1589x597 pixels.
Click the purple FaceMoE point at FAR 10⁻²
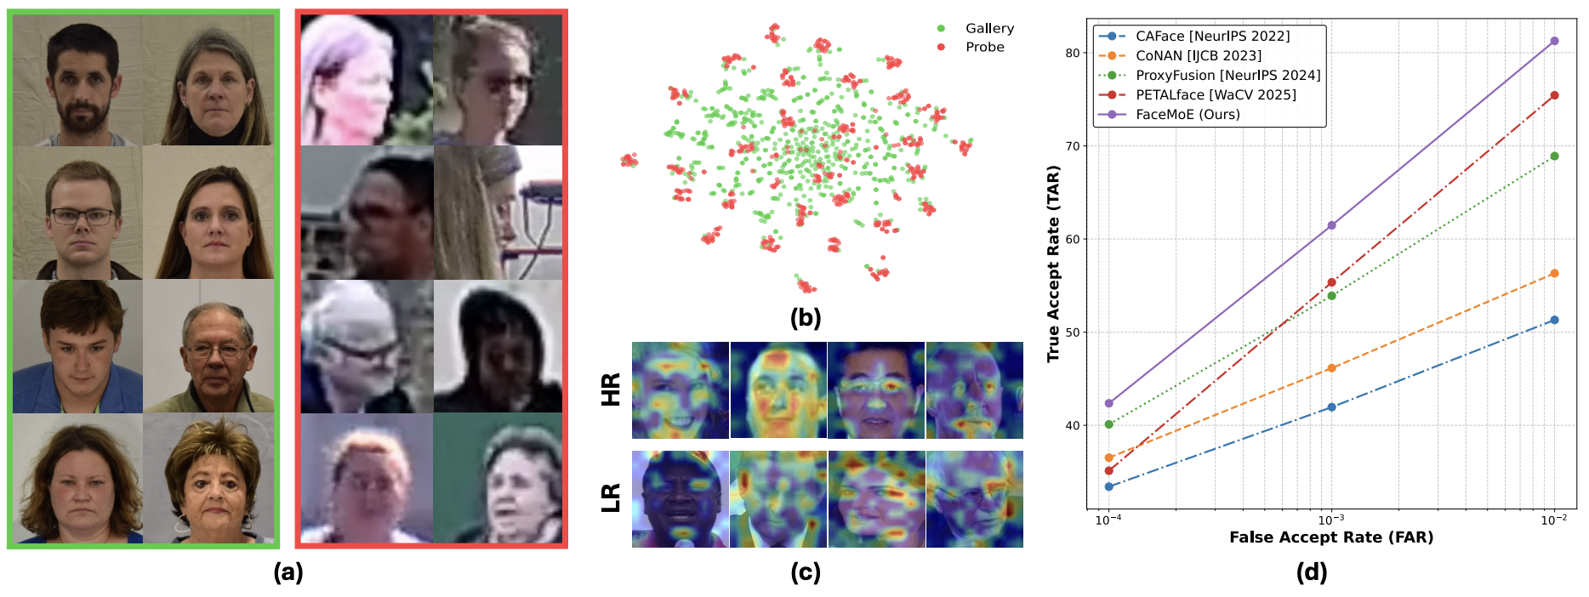tap(1554, 41)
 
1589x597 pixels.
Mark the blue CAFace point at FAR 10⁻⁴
tap(1108, 486)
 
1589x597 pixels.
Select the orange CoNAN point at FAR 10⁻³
tap(1331, 368)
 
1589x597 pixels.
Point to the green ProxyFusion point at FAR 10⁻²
tap(1554, 156)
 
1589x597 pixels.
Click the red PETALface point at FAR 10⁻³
tap(1331, 282)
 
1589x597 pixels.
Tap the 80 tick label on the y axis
tap(1072, 53)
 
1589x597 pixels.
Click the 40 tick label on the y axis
tap(1072, 425)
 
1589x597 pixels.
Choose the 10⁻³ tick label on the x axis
tap(1331, 520)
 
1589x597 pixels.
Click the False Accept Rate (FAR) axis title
tap(1331, 537)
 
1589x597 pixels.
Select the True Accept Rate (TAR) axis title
tap(1053, 264)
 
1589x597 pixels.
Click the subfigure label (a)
tap(288, 572)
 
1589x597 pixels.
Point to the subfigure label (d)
tap(1311, 572)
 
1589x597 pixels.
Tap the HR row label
tap(611, 389)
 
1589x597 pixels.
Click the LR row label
tap(611, 497)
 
